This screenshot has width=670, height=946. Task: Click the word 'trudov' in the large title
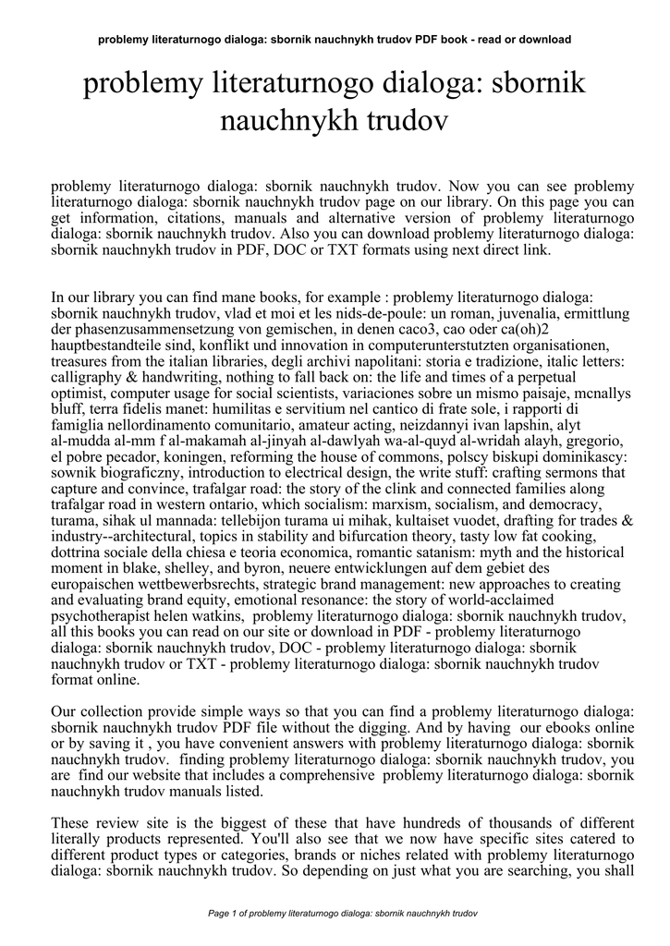coord(409,119)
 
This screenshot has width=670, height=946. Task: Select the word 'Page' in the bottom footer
coord(219,913)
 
